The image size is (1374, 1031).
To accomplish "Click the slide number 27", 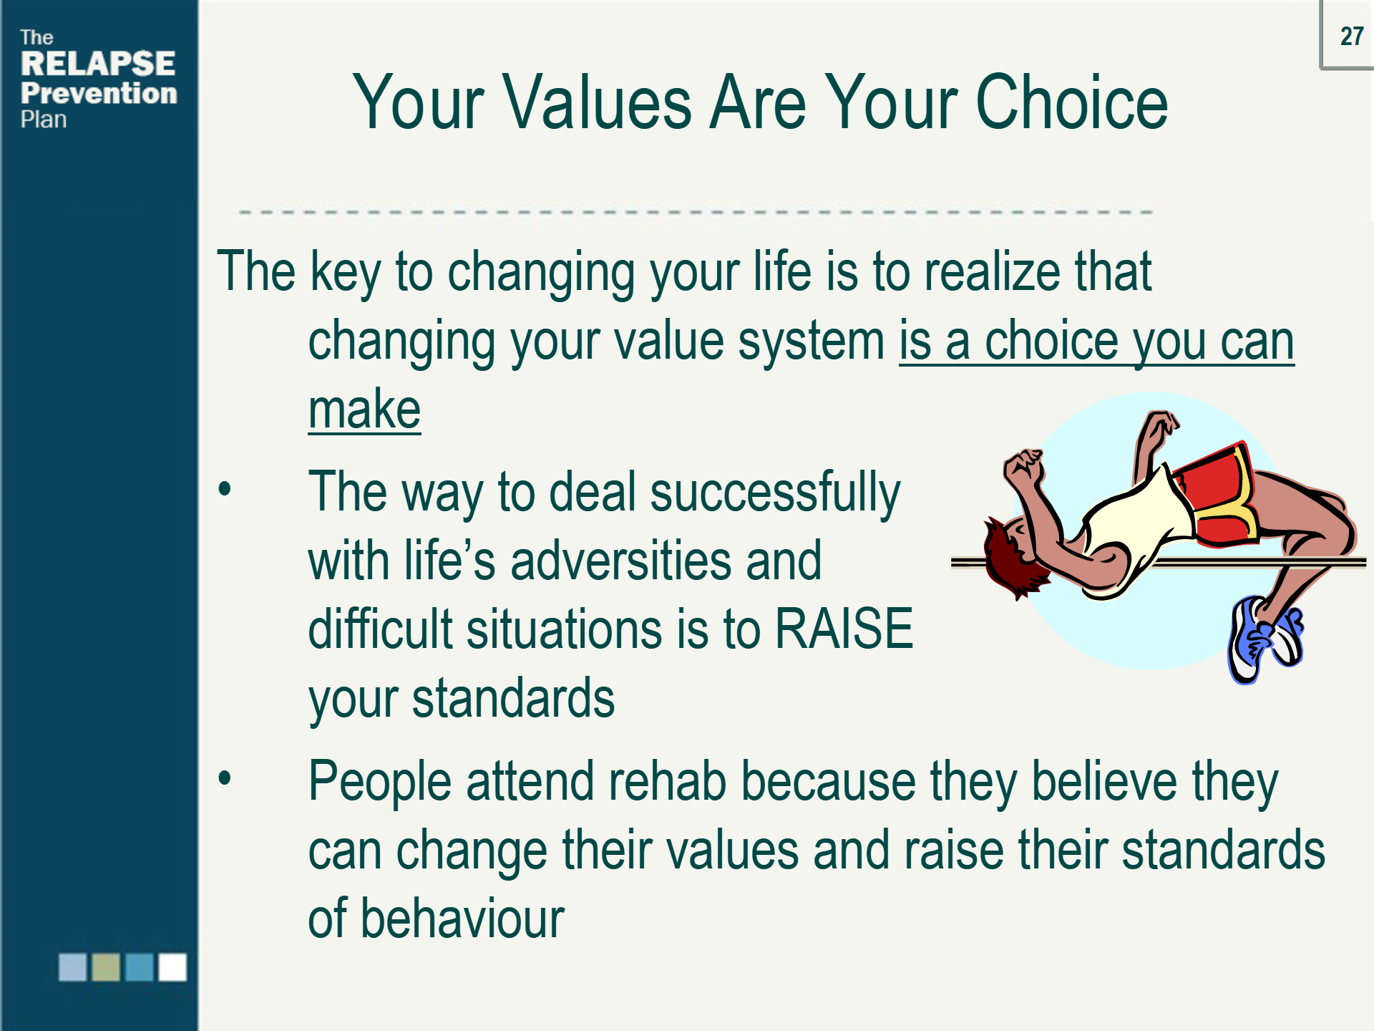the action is pyautogui.click(x=1351, y=36).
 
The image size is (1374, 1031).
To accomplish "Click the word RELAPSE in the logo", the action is pyautogui.click(x=98, y=64).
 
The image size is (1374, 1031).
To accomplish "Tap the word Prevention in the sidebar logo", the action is pyautogui.click(x=99, y=93).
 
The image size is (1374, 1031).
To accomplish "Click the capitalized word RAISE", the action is pyautogui.click(x=844, y=629).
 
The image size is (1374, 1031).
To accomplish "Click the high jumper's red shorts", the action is pyautogui.click(x=1217, y=494).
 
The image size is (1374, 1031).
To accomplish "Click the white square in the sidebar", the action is pyautogui.click(x=172, y=967).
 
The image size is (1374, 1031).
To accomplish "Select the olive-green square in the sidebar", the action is pyautogui.click(x=106, y=967).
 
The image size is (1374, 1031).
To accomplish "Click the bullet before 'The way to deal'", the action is pyautogui.click(x=225, y=490).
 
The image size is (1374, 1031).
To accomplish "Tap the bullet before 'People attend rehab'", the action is pyautogui.click(x=225, y=778).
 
